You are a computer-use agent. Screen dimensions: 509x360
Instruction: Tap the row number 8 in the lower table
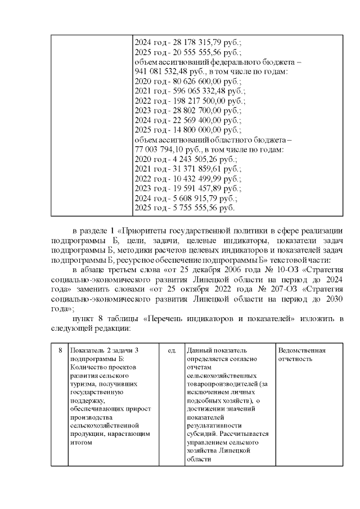tap(60, 351)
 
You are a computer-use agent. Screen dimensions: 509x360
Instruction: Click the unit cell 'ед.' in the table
tap(172, 351)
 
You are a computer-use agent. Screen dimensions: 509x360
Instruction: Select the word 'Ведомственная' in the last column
tap(302, 351)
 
